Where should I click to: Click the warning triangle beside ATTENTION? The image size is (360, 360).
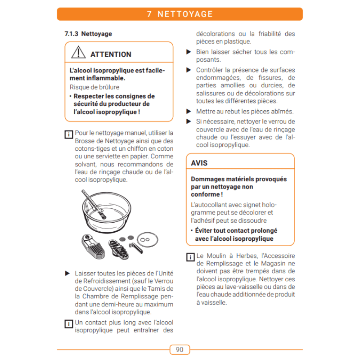click(78, 53)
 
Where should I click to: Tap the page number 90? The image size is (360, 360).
click(180, 350)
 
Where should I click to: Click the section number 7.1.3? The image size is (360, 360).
click(72, 34)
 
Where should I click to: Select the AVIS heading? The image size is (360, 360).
click(199, 163)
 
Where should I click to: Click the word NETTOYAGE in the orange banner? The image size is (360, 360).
click(185, 14)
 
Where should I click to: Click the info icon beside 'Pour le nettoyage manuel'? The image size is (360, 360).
click(68, 134)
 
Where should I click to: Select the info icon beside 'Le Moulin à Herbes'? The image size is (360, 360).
click(190, 257)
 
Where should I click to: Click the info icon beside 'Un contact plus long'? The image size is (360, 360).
click(68, 324)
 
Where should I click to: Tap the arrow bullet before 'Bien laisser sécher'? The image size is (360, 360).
click(189, 52)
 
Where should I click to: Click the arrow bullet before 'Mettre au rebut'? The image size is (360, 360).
click(189, 111)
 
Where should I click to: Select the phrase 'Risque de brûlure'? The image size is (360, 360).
click(94, 87)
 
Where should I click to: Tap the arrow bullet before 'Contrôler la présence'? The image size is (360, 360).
click(189, 70)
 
